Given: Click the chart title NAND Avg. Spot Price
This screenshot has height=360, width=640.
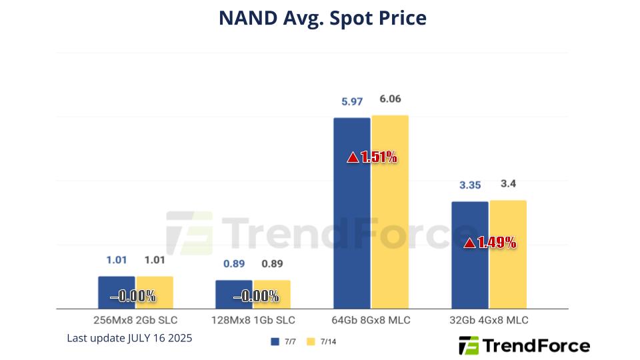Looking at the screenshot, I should [x=323, y=18].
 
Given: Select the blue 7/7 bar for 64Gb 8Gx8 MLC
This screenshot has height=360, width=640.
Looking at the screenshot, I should [x=351, y=220].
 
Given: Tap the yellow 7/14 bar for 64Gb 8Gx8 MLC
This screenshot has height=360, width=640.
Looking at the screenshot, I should [x=390, y=220].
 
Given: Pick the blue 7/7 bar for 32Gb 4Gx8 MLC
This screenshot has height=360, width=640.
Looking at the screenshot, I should [x=469, y=267].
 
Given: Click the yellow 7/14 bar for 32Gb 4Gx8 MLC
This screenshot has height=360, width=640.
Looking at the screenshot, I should [x=508, y=267].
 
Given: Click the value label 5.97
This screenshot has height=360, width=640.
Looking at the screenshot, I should [x=352, y=102].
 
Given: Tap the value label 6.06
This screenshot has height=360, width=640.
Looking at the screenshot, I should [x=390, y=99].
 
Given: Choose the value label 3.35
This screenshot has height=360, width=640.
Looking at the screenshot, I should [x=469, y=185].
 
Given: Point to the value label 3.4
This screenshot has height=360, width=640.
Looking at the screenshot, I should [x=507, y=184].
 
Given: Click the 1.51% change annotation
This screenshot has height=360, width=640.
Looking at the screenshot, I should [x=379, y=157].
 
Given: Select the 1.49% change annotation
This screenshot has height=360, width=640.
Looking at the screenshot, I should [x=497, y=243].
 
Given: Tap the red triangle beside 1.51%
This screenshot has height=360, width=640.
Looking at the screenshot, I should [x=353, y=158].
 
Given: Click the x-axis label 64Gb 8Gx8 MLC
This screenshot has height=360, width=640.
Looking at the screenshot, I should [x=371, y=321].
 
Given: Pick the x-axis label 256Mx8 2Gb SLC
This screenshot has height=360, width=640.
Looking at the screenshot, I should [x=135, y=321].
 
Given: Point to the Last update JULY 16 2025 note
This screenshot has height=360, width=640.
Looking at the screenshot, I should [x=129, y=338].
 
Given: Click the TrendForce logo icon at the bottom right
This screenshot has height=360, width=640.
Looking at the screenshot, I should [x=469, y=345].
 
